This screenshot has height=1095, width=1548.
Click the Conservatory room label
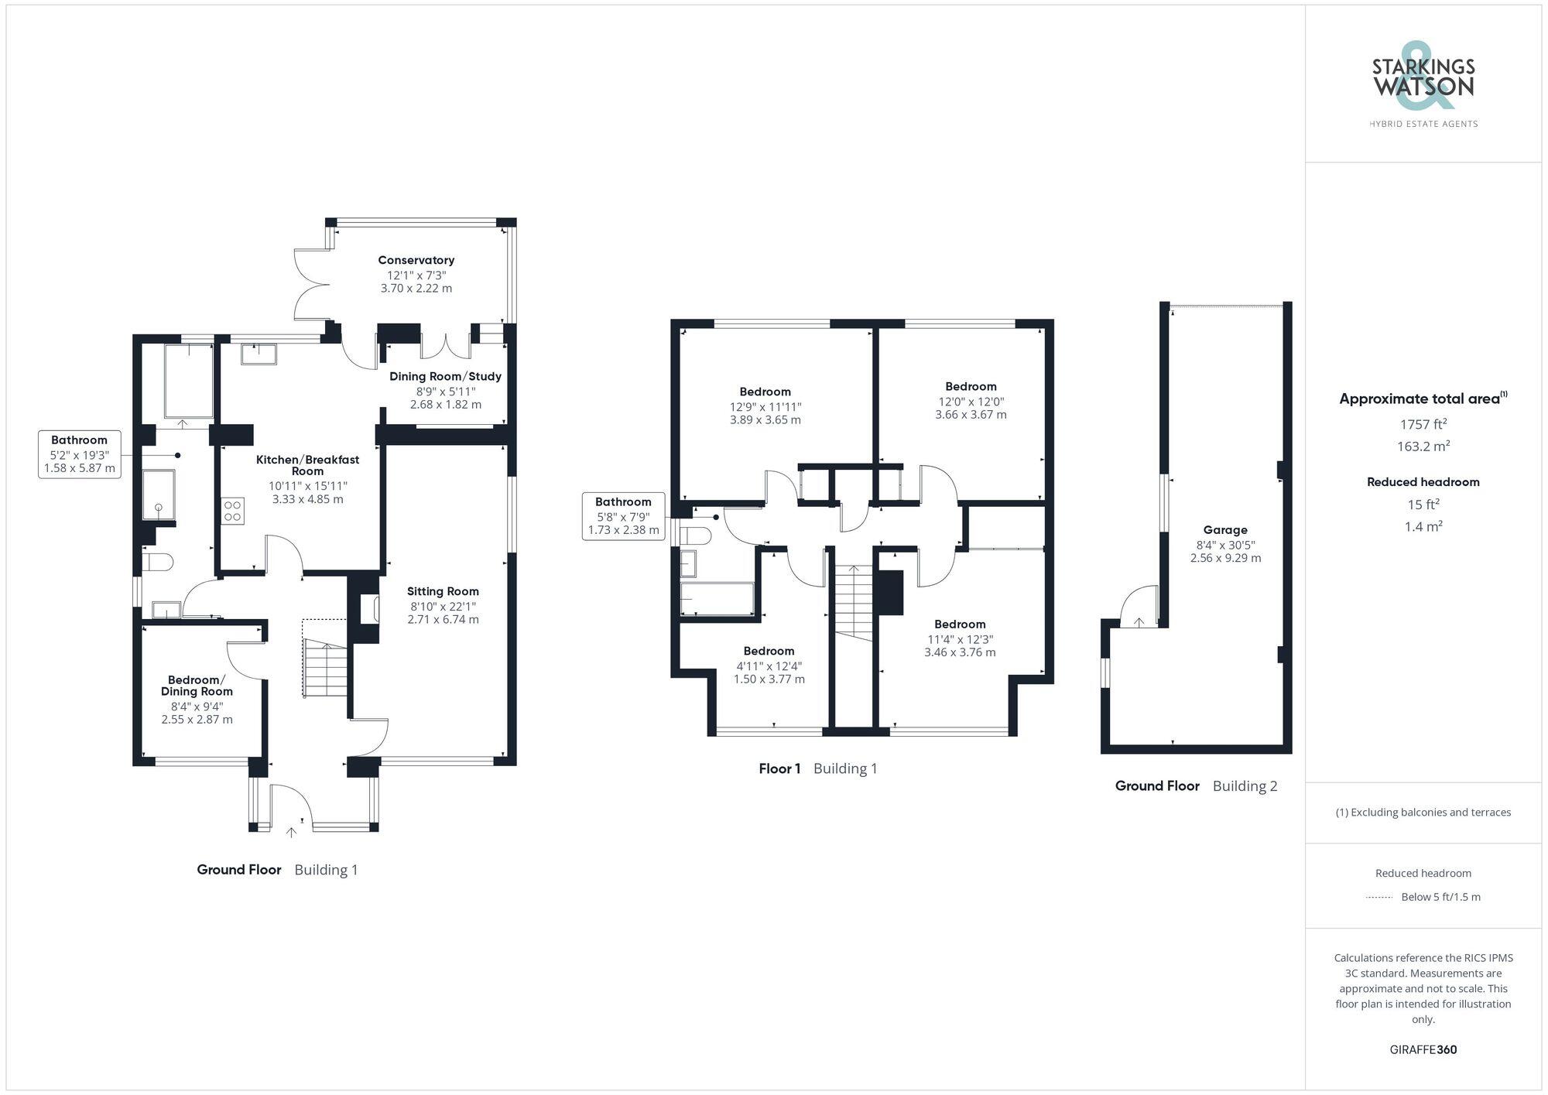coord(416,260)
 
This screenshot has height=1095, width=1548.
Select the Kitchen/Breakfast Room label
coord(307,465)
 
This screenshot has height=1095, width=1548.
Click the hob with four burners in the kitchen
coord(232,512)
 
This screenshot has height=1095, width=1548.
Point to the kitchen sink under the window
coord(259,354)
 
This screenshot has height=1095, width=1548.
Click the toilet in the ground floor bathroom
coord(157,561)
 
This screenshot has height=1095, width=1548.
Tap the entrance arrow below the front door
coord(291,833)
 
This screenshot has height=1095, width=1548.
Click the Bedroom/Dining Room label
coord(197,686)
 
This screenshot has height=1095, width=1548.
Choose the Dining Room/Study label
coord(445,376)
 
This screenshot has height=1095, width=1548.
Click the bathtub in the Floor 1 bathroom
coord(717,599)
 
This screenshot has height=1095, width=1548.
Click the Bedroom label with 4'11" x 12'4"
coord(769,651)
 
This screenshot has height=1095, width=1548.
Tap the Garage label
coord(1225,530)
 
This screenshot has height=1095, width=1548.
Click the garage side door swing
coord(1139,607)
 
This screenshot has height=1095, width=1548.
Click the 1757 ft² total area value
coord(1423,424)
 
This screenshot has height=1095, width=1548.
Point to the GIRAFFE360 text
coord(1423,1049)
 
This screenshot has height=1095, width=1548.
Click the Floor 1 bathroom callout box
coord(623,515)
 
